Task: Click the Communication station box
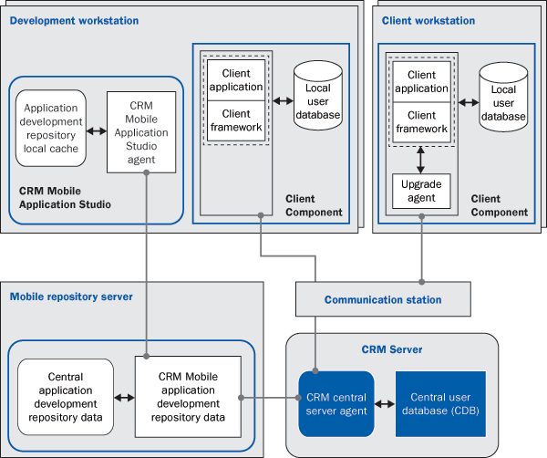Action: click(x=383, y=299)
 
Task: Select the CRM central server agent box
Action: click(x=336, y=403)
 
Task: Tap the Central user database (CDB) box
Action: click(x=439, y=403)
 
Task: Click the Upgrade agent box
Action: click(x=421, y=191)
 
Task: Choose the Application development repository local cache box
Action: click(x=51, y=127)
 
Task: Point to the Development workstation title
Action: click(x=74, y=20)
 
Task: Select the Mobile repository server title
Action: click(x=71, y=297)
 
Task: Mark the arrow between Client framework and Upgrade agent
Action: click(x=421, y=157)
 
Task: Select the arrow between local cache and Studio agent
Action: click(x=96, y=128)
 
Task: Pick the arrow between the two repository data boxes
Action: click(x=124, y=398)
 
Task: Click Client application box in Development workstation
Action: click(x=236, y=80)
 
